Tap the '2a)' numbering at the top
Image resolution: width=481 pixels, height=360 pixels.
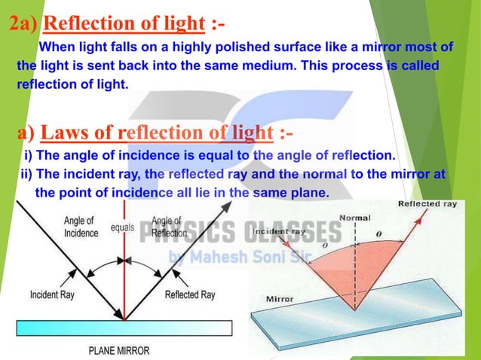point(24,24)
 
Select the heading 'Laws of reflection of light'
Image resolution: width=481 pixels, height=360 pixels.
point(156,133)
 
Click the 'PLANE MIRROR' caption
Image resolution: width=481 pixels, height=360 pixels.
point(119,350)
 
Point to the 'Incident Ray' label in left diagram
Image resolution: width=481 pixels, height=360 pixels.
point(55,294)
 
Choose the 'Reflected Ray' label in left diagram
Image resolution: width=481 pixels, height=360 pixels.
point(190,294)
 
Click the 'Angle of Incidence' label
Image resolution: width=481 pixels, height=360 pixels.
point(80,227)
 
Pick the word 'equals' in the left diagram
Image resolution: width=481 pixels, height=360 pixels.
point(123,226)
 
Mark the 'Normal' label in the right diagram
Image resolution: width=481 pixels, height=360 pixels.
point(355,218)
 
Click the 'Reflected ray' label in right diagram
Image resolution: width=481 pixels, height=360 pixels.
point(427,204)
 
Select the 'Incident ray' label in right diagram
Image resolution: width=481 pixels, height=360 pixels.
point(279,231)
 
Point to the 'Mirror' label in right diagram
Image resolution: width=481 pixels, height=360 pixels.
point(280,299)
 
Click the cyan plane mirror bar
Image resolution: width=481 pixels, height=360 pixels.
point(121,327)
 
